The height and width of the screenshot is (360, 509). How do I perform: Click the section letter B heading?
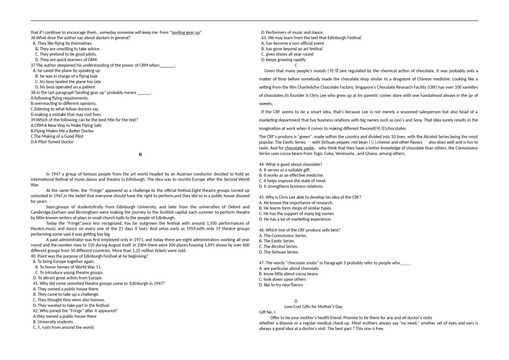pos(140,154)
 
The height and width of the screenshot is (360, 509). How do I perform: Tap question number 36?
pos(34,37)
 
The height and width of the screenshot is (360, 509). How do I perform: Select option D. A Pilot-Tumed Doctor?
pos(53,142)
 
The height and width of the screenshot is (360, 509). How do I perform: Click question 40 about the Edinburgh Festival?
pos(89,256)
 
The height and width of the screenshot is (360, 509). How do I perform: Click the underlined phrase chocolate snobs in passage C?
pos(300,147)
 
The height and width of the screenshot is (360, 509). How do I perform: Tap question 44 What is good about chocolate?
pos(290,164)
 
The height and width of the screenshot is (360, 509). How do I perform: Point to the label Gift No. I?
pos(267,312)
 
